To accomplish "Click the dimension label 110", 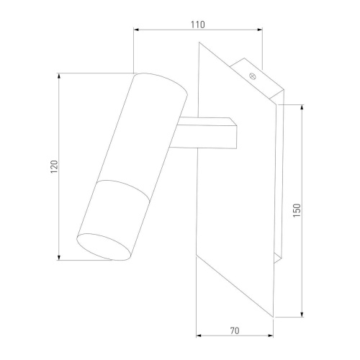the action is (x=198, y=24).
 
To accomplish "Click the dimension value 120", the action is (x=54, y=166).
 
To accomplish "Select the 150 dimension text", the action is (x=297, y=210).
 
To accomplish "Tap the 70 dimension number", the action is (x=235, y=330).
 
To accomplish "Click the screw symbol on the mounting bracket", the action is (x=253, y=76).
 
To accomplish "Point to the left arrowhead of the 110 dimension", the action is (x=136, y=30).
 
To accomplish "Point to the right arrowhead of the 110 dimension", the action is (x=260, y=30).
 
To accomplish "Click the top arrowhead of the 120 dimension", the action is (x=59, y=76).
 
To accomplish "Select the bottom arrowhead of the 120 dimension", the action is (x=59, y=257).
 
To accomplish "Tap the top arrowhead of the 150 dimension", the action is (x=302, y=108).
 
